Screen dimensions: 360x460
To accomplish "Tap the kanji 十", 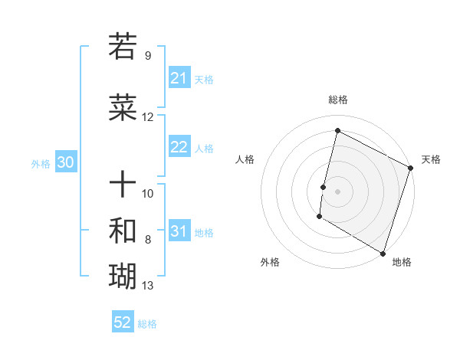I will (123, 183).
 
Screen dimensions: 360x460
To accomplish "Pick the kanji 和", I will (123, 229).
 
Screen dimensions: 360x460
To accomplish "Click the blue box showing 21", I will (179, 78).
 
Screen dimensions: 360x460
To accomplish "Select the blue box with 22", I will (179, 148).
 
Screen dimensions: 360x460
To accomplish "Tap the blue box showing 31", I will (179, 232).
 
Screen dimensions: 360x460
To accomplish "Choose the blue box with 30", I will (65, 163).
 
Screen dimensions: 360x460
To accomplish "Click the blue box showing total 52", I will (123, 322).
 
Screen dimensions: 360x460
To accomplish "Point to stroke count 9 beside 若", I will (147, 56).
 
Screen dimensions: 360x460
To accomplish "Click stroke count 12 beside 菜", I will (148, 117).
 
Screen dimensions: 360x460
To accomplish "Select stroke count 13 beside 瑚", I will (148, 286).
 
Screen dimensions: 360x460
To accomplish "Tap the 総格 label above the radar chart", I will (337, 100).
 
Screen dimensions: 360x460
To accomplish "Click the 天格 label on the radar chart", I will (431, 159).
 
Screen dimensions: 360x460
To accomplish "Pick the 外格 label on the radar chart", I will (270, 262).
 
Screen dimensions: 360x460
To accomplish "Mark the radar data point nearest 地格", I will (383, 253).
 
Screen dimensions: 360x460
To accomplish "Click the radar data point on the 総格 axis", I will (337, 131).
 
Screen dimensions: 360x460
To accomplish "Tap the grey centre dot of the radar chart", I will (337, 191).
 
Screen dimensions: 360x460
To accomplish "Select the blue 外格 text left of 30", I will (41, 164).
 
